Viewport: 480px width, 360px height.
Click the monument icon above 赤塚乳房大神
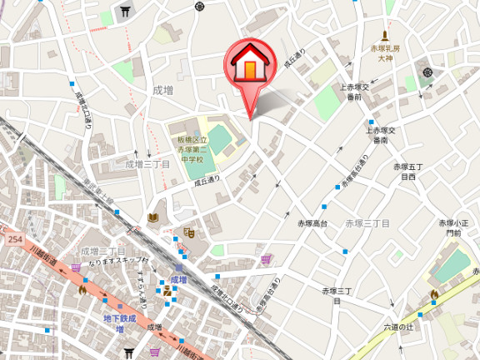[x=385, y=36]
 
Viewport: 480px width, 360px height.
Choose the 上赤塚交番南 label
[x=381, y=135]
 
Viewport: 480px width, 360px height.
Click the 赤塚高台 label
[x=312, y=223]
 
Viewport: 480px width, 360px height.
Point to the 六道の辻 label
[x=399, y=327]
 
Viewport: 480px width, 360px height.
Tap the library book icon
[x=152, y=217]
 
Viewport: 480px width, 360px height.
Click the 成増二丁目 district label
[x=102, y=251]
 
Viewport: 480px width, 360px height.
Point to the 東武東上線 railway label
[x=97, y=191]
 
